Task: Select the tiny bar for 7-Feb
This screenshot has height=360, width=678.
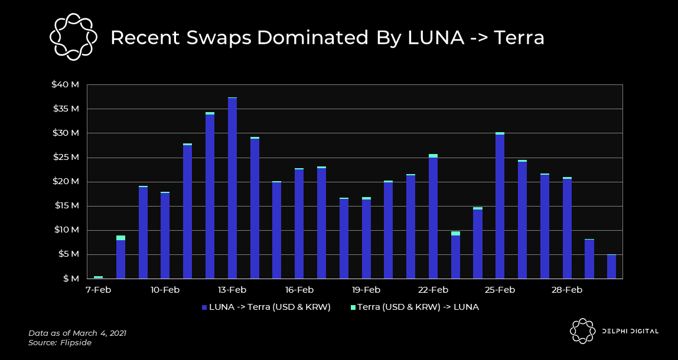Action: point(98,277)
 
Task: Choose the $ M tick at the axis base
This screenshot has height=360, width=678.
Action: point(70,279)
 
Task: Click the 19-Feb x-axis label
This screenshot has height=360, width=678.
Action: point(366,290)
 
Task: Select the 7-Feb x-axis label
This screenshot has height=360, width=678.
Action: point(98,290)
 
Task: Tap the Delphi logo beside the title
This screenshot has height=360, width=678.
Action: point(73,37)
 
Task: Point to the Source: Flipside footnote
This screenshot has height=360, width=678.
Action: point(60,342)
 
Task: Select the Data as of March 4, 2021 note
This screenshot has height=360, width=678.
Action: point(77,333)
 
